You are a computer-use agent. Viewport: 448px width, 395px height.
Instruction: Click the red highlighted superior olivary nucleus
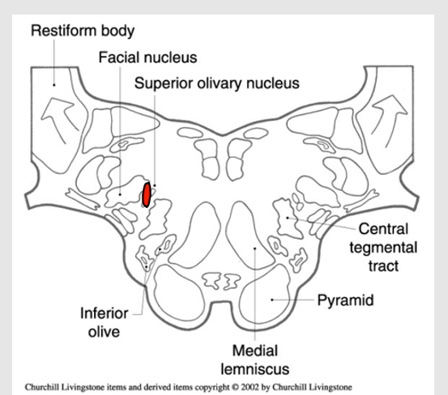click(146, 195)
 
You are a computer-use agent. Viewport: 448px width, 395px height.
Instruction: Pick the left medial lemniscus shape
click(203, 235)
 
